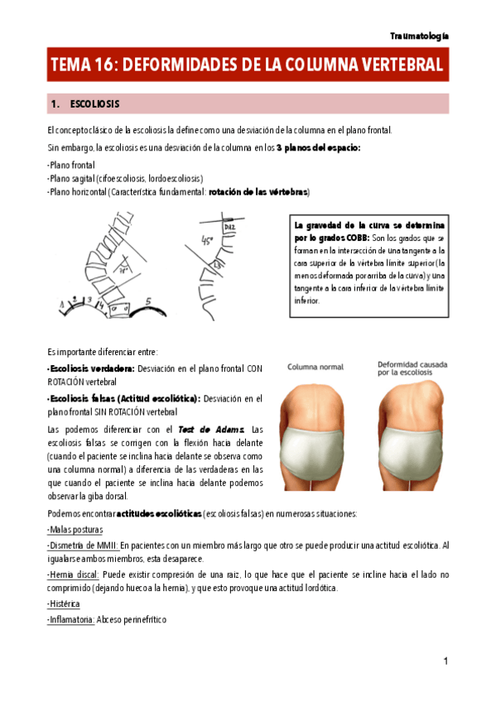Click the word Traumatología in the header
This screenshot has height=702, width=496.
(x=420, y=36)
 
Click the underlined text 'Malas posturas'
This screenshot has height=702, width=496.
(x=76, y=530)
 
